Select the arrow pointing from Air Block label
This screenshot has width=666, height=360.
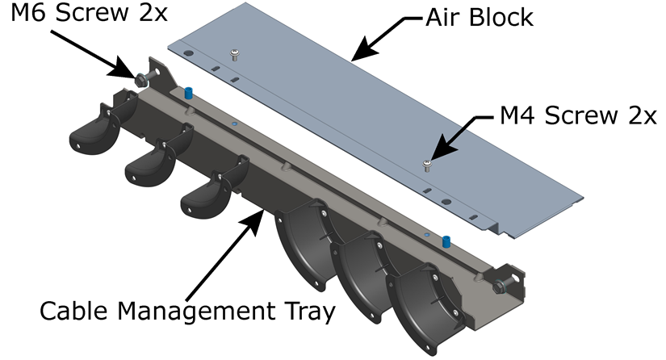(379, 41)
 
